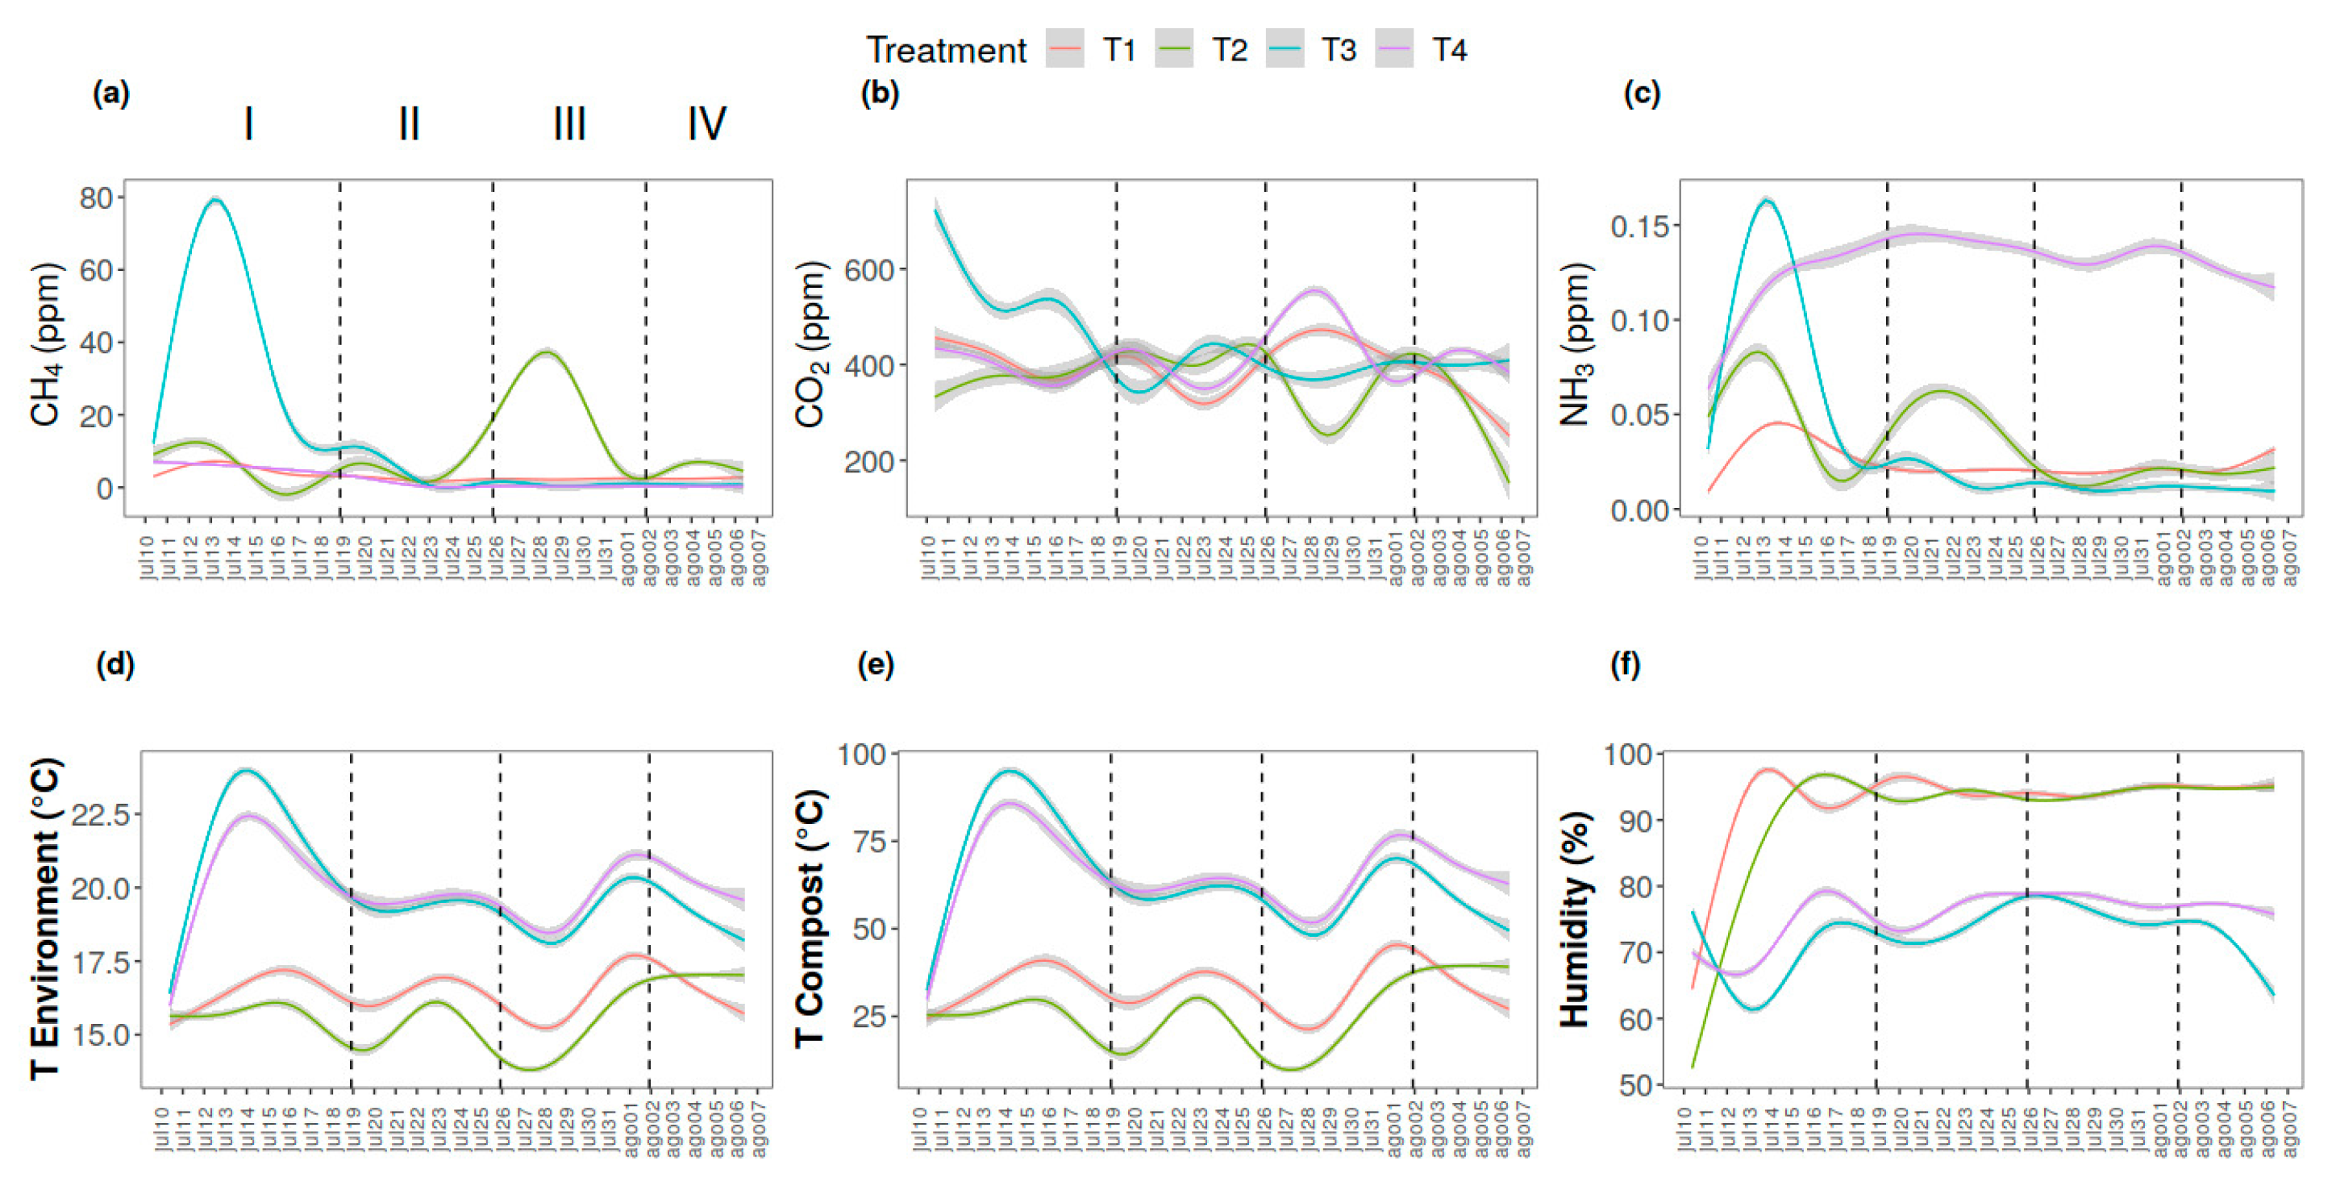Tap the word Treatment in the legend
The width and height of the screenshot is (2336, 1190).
pyautogui.click(x=946, y=50)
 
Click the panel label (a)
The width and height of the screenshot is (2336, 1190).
pyautogui.click(x=110, y=94)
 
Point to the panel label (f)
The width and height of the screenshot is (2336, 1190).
pyautogui.click(x=1624, y=665)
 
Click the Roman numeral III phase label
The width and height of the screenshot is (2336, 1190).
pyautogui.click(x=569, y=123)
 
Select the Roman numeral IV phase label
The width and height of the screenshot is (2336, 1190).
pyautogui.click(x=706, y=123)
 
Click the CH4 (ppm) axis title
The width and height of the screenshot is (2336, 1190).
pyautogui.click(x=45, y=345)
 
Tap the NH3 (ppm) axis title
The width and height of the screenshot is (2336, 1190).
pyautogui.click(x=1576, y=345)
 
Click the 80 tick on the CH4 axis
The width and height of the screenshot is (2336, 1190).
pyautogui.click(x=96, y=198)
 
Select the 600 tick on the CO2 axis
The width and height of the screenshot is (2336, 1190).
pyautogui.click(x=868, y=269)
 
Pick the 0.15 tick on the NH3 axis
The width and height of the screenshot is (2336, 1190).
pyautogui.click(x=1639, y=226)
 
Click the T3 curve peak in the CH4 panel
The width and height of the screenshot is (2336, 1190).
pyautogui.click(x=215, y=201)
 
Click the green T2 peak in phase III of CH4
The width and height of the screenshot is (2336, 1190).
pyautogui.click(x=544, y=352)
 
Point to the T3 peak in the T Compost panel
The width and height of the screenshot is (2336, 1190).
pyautogui.click(x=1010, y=771)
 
